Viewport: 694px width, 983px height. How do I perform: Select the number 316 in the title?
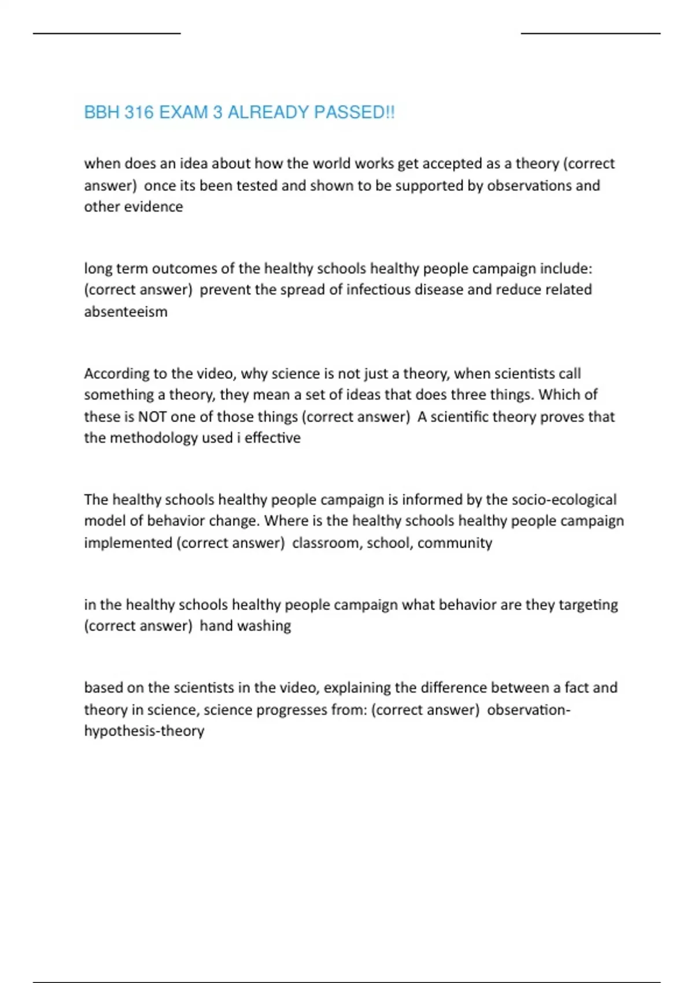pos(139,112)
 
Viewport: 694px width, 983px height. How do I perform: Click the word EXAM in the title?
pos(183,112)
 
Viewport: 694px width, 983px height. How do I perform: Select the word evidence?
pos(156,207)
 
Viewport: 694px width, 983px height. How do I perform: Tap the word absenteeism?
pos(125,312)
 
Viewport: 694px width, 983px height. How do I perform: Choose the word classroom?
pos(326,543)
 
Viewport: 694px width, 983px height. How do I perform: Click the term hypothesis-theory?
pos(144,731)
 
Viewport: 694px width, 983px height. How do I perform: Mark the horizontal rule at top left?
pos(107,34)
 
